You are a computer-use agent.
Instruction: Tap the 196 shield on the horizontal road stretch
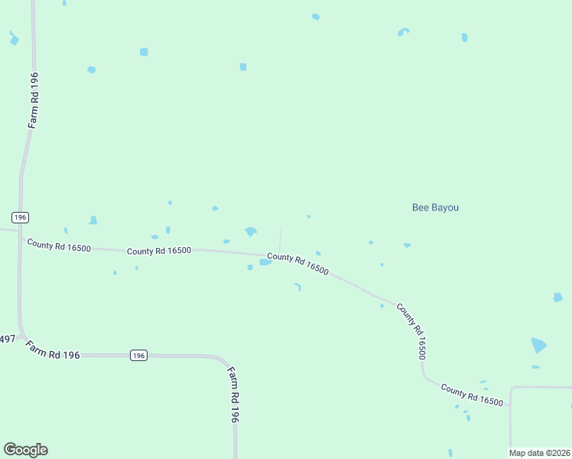click(x=138, y=355)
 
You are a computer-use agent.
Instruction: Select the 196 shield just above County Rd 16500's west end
click(x=21, y=217)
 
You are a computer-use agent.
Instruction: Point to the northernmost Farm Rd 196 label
click(x=34, y=99)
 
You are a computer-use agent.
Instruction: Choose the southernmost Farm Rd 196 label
click(x=234, y=395)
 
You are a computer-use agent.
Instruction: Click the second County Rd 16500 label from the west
click(x=159, y=251)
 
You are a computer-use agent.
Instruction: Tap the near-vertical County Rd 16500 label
click(x=411, y=331)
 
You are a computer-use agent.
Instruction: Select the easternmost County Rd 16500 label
click(x=472, y=394)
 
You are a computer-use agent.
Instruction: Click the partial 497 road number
click(x=7, y=339)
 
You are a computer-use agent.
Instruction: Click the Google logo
click(x=25, y=450)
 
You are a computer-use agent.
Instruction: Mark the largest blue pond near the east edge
click(x=539, y=345)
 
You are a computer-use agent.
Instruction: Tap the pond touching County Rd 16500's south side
click(x=265, y=262)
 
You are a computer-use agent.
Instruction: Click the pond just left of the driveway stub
click(x=250, y=231)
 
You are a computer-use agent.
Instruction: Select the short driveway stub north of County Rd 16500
click(x=280, y=240)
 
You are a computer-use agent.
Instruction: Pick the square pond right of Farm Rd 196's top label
click(x=144, y=52)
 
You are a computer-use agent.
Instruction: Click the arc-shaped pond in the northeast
click(x=403, y=31)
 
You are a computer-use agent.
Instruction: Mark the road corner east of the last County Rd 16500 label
click(x=511, y=389)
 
